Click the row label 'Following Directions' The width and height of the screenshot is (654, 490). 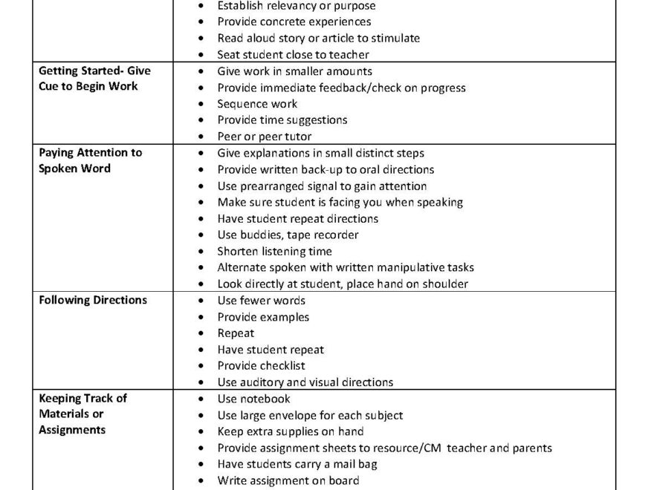(93, 301)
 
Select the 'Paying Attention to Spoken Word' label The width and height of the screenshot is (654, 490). (90, 160)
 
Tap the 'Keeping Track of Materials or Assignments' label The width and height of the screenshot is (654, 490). (82, 414)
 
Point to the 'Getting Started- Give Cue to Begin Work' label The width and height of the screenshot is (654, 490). (94, 79)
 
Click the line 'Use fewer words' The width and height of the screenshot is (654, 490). (261, 301)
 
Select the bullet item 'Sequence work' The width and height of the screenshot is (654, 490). (257, 104)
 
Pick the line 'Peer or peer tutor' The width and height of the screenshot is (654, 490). (264, 137)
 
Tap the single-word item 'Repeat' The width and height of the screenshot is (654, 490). (236, 333)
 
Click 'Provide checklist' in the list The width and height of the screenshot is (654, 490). (261, 366)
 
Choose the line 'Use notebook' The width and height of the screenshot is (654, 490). (253, 399)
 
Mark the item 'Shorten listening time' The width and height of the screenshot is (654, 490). (274, 251)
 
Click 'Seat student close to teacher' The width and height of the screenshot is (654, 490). (293, 55)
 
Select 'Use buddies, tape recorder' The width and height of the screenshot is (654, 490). (288, 235)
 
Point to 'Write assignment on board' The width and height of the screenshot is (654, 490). (288, 480)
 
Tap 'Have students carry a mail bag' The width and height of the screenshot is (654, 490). (297, 464)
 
